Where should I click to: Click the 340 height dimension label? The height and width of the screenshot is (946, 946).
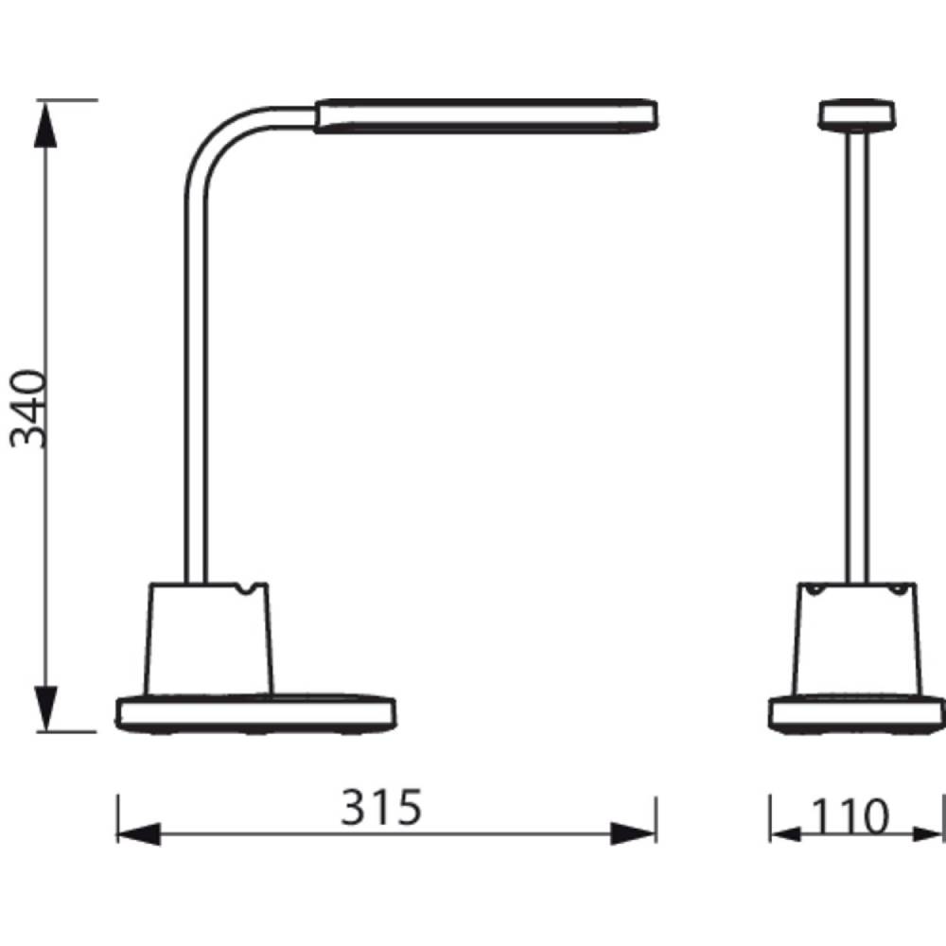(x=28, y=408)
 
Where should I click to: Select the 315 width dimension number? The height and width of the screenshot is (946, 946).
(x=381, y=810)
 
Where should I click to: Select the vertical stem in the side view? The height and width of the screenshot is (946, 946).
(x=195, y=378)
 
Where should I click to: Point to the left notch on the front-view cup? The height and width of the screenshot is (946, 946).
(x=814, y=589)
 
